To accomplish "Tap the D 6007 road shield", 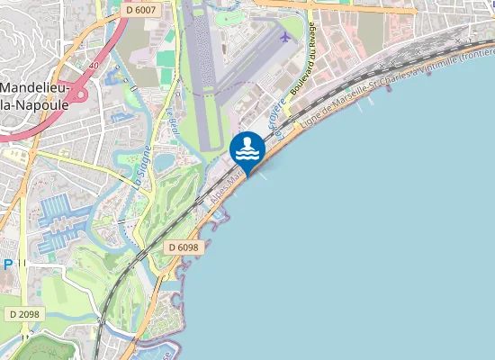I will point(141,9).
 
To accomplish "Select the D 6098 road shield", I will point(183,246).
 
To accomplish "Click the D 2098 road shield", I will point(25,313).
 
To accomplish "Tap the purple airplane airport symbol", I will point(286,38).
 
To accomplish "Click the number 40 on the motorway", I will point(93,65).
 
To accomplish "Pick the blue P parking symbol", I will point(7,265).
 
